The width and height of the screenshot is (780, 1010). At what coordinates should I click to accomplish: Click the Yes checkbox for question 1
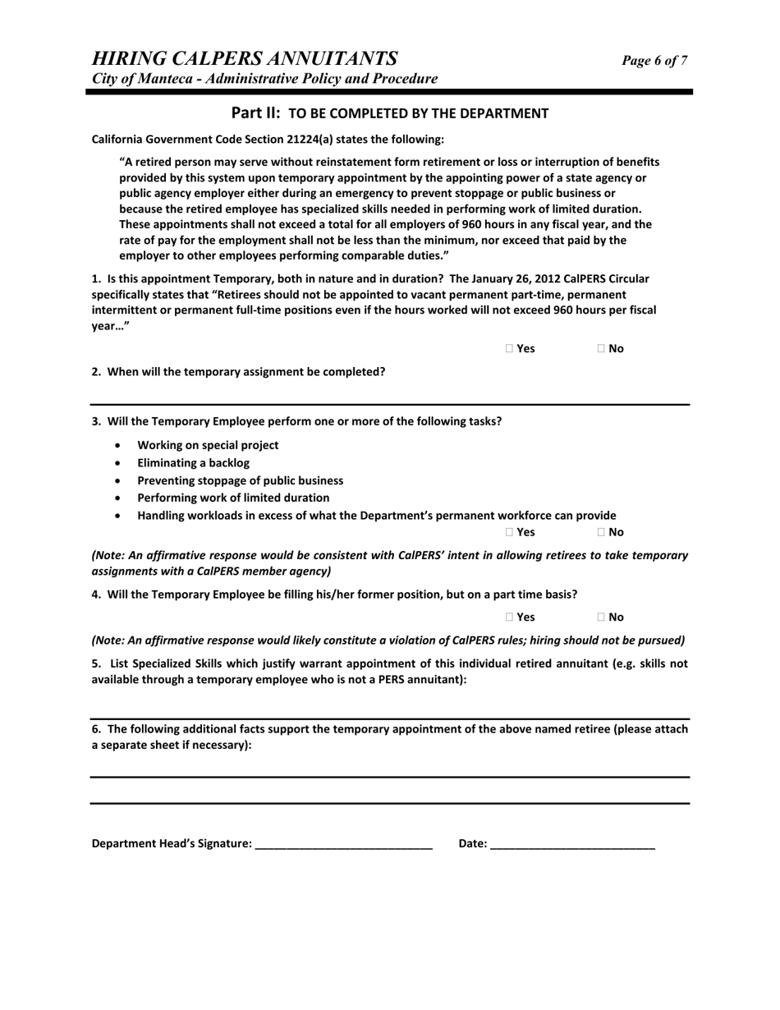510,349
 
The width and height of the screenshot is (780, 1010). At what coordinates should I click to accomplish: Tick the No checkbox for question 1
602,349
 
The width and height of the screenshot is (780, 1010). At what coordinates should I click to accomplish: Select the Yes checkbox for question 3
510,532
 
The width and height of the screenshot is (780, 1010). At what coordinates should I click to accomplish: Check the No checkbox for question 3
602,532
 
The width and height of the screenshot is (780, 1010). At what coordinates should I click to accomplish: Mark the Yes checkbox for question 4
510,617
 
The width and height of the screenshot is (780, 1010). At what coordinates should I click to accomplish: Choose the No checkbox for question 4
602,617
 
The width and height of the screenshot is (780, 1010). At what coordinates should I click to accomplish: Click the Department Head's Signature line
344,844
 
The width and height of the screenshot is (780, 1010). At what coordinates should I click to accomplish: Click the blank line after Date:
572,844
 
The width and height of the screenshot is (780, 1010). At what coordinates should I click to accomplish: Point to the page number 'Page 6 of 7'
654,61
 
